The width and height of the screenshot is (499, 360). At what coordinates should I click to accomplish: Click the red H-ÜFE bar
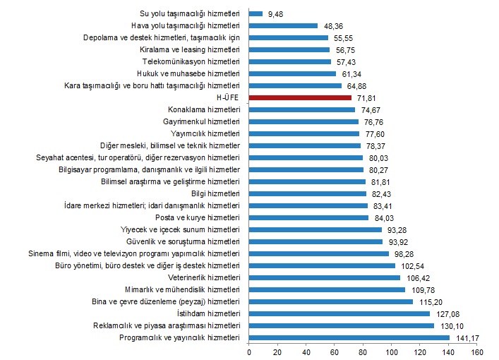point(300,97)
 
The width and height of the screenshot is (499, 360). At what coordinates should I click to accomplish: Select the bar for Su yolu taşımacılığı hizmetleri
point(255,13)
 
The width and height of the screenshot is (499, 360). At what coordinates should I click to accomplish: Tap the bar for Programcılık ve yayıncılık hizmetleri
point(349,338)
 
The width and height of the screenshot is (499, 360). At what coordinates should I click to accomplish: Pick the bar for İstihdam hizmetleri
point(339,313)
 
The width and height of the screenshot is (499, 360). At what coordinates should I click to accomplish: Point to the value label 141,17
point(464,338)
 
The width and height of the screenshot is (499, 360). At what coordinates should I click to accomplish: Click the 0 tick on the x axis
point(249,352)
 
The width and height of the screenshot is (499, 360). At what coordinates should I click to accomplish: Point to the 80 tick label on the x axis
point(363,352)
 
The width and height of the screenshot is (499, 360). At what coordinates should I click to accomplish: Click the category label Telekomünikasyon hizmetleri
point(192,61)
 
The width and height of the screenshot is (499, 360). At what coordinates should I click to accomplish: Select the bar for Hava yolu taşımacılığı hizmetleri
point(283,25)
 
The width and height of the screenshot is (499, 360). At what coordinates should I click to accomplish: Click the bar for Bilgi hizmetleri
point(308,193)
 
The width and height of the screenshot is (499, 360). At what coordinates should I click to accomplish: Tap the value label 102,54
point(410,265)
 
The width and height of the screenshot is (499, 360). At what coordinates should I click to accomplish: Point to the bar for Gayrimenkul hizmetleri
point(303,121)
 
